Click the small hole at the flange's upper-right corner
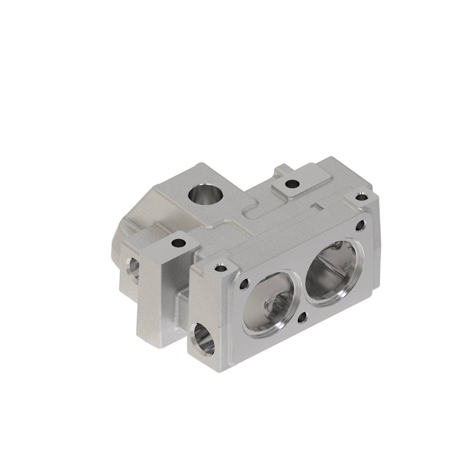362,225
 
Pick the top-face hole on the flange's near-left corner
220,267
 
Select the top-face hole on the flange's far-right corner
362,197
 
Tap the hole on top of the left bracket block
178,243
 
